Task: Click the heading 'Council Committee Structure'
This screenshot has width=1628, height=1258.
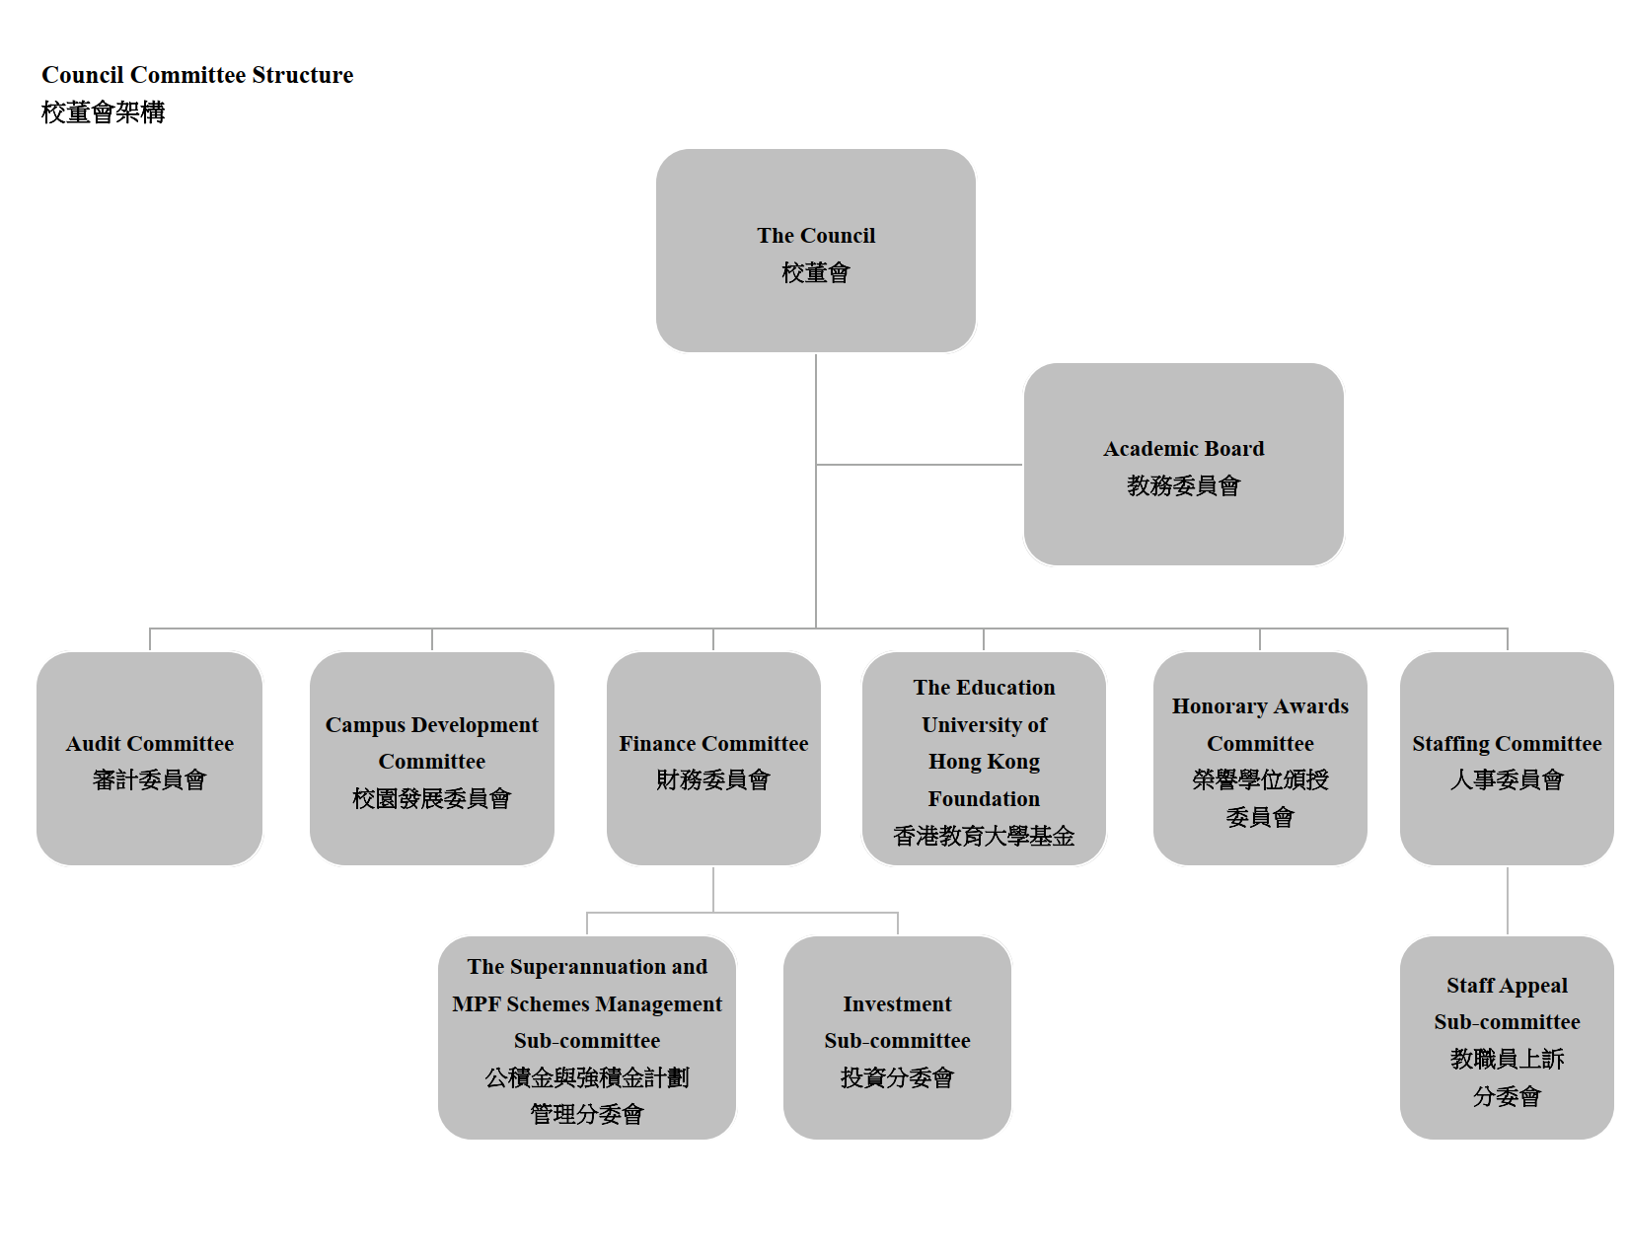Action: [197, 75]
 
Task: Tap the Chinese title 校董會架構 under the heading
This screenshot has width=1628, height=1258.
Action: [103, 112]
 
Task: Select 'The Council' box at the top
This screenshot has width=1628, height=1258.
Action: [816, 251]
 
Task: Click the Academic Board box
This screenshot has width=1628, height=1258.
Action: [1183, 465]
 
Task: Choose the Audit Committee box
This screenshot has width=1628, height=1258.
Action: [150, 759]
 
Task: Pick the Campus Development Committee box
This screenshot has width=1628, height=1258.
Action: [432, 759]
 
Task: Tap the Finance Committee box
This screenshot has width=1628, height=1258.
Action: [713, 759]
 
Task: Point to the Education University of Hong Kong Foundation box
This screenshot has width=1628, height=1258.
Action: [984, 759]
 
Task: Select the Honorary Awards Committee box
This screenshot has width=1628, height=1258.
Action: [1260, 759]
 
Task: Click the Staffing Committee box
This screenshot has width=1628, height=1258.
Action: [1507, 759]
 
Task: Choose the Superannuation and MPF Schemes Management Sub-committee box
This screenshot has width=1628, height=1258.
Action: [587, 1038]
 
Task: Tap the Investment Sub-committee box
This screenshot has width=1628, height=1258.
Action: [897, 1038]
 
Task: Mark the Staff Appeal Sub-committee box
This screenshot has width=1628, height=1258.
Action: [1507, 1038]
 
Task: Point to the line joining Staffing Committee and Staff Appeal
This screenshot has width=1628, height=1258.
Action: [1508, 901]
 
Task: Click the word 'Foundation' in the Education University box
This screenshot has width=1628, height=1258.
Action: [984, 799]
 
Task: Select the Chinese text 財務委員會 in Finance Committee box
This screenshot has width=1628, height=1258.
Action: [713, 780]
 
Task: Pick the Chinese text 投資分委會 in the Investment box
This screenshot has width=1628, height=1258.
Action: [897, 1078]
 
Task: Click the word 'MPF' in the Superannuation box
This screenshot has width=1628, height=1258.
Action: [476, 1004]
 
